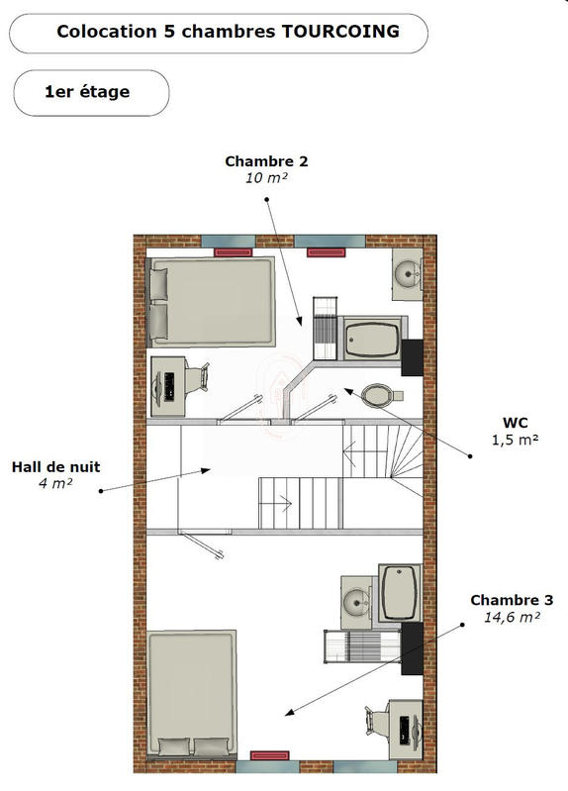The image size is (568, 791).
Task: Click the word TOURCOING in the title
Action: (x=343, y=32)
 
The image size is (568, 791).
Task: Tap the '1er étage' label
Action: (x=87, y=92)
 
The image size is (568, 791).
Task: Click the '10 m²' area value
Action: (x=265, y=178)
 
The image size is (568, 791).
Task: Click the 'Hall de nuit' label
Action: (x=55, y=467)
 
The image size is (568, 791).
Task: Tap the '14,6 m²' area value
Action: (x=512, y=617)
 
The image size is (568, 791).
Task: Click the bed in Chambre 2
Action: (x=211, y=301)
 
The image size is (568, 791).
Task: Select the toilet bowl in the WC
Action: (x=377, y=396)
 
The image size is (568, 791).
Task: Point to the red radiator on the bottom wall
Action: (x=269, y=755)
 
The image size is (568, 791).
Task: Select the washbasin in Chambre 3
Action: (x=355, y=600)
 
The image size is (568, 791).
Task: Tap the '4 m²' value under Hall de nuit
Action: (x=55, y=483)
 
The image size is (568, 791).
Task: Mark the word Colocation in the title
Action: (x=99, y=32)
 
